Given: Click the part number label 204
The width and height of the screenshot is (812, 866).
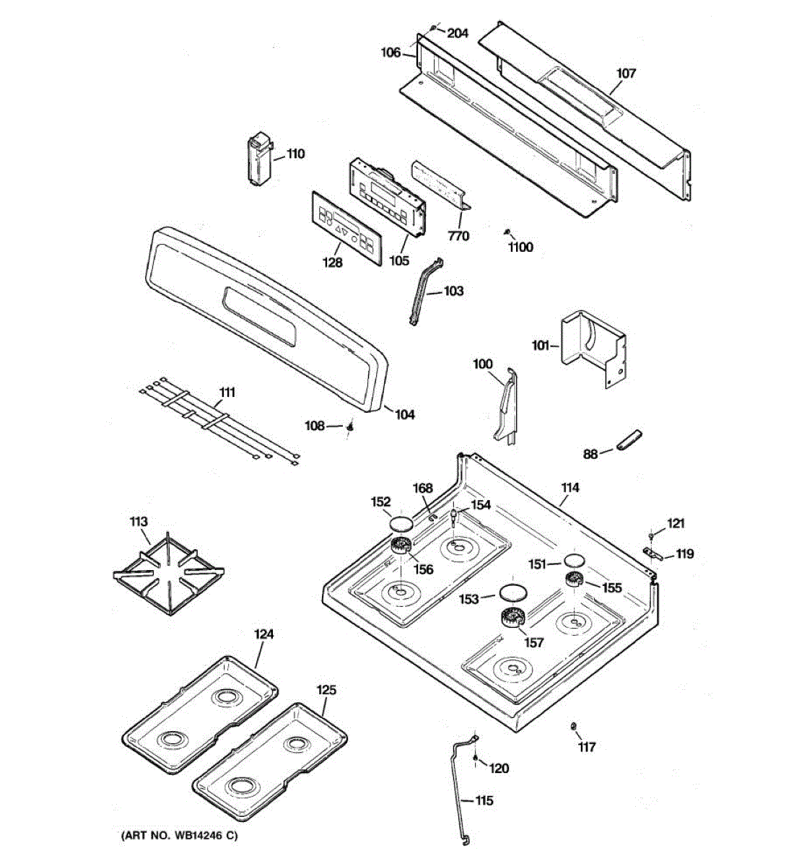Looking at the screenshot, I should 458,33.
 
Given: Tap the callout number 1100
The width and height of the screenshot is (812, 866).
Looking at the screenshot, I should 520,248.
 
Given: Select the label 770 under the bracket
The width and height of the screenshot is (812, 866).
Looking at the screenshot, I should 458,236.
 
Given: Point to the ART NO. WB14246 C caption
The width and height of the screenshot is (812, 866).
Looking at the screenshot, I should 178,836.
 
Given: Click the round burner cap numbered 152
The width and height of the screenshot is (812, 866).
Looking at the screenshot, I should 401,523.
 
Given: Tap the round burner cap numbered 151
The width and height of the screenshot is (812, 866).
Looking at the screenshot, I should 575,560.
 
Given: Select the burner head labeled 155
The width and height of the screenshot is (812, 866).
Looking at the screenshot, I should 575,578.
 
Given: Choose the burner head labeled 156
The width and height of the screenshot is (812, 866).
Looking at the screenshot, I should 400,546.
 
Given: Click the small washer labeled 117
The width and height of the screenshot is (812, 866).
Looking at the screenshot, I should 573,725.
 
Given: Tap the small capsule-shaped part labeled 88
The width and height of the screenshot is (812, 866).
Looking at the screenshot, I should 629,439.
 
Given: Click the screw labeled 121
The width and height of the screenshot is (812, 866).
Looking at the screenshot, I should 652,535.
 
